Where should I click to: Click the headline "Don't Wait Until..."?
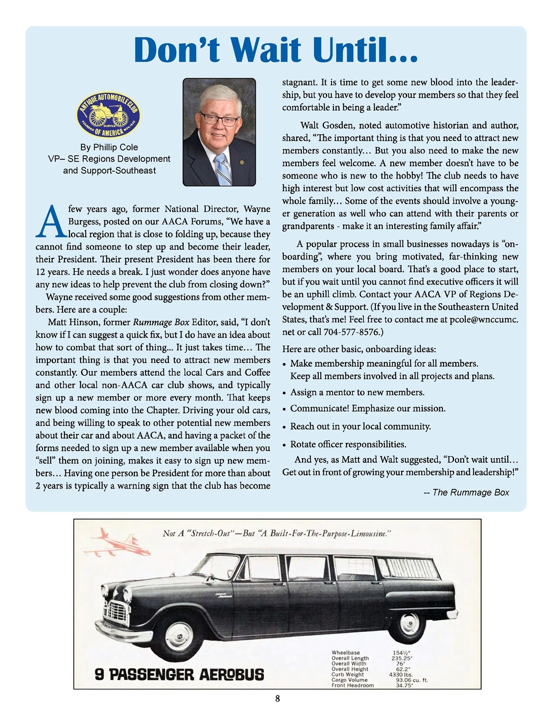pos(276,50)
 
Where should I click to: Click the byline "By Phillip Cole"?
pos(109,147)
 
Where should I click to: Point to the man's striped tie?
pos(223,169)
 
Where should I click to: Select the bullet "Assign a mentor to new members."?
pos(357,392)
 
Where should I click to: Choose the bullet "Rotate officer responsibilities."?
pos(348,444)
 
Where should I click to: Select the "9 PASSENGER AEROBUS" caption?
pos(179,674)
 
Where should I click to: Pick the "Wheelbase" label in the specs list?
pos(346,653)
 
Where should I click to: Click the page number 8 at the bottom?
pos(277,698)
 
